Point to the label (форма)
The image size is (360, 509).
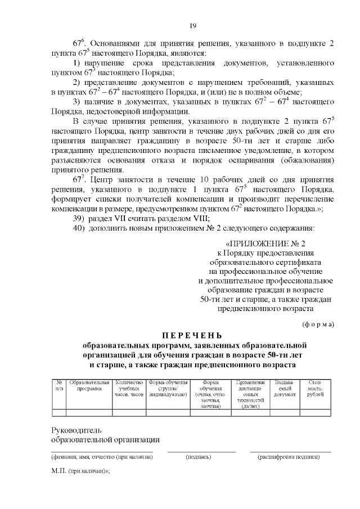[318, 324]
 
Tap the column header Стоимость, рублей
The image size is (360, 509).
[315, 389]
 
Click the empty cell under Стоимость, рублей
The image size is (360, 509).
[315, 413]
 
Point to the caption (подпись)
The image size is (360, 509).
[198, 457]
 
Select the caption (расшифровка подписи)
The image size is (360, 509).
[289, 457]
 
